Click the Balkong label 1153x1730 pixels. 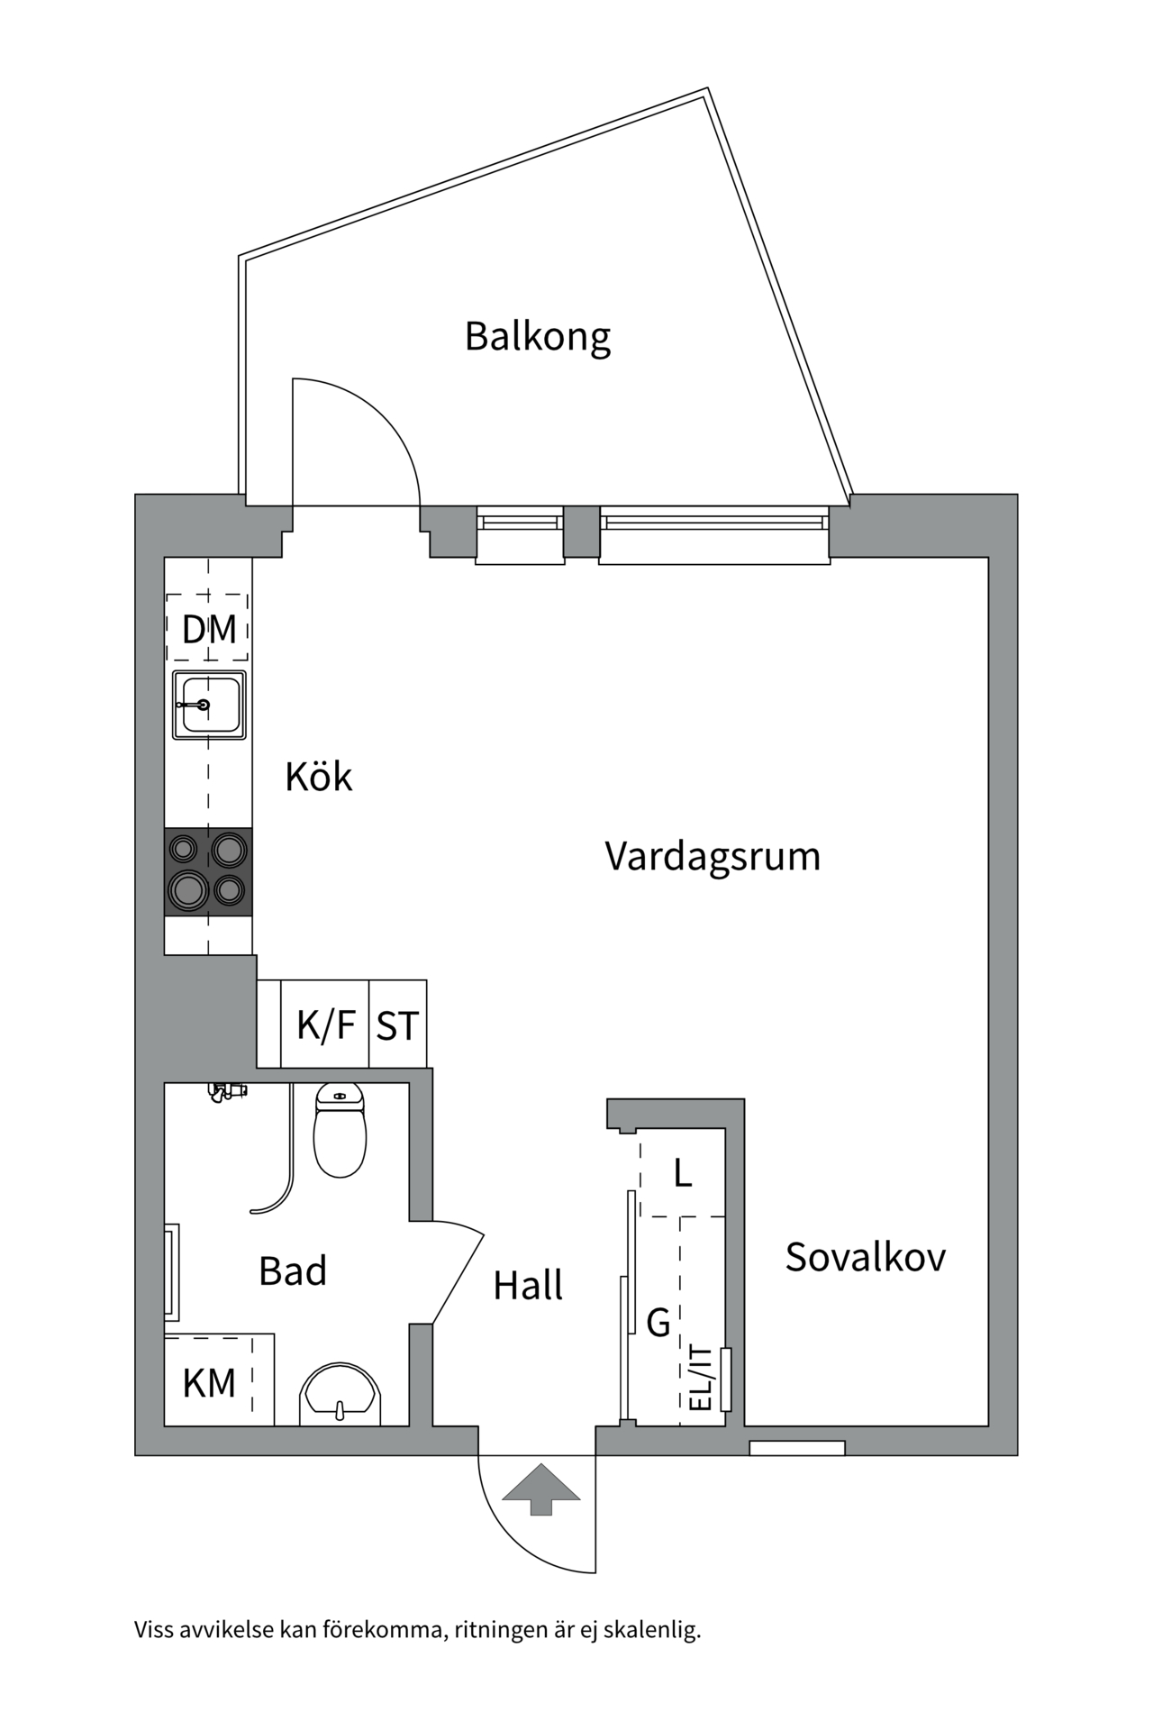coord(538,337)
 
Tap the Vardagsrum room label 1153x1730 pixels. coord(713,856)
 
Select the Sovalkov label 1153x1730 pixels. coord(865,1257)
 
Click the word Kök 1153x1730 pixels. coord(318,777)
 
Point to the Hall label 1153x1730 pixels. coord(528,1286)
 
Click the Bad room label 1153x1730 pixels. coord(292,1271)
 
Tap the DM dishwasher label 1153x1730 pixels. coord(209,629)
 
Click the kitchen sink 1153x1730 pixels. coord(209,705)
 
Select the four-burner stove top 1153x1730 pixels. coord(208,871)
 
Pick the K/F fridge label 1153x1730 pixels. coord(326,1025)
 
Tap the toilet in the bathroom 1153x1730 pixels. coord(340,1131)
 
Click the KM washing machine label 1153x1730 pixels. coord(209,1383)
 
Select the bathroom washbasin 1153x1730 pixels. coord(340,1395)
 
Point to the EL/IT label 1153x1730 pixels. coord(700,1379)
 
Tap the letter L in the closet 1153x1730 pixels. coord(683,1174)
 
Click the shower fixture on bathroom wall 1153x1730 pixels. coord(225,1091)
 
